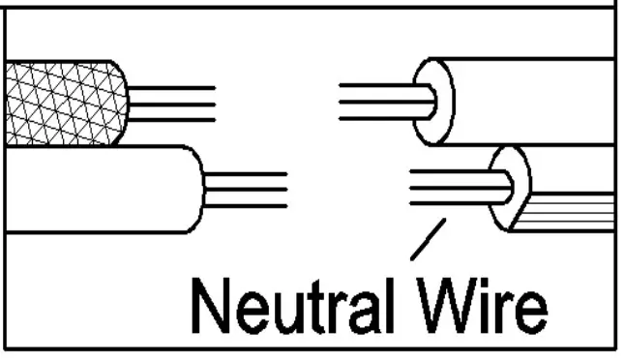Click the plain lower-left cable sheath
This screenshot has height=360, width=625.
[x=97, y=189]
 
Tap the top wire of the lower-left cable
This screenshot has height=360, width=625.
[x=247, y=174]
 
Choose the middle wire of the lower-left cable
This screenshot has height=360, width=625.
[x=247, y=190]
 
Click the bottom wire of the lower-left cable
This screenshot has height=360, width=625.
[x=247, y=205]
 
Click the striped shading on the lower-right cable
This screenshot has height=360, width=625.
[x=571, y=211]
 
